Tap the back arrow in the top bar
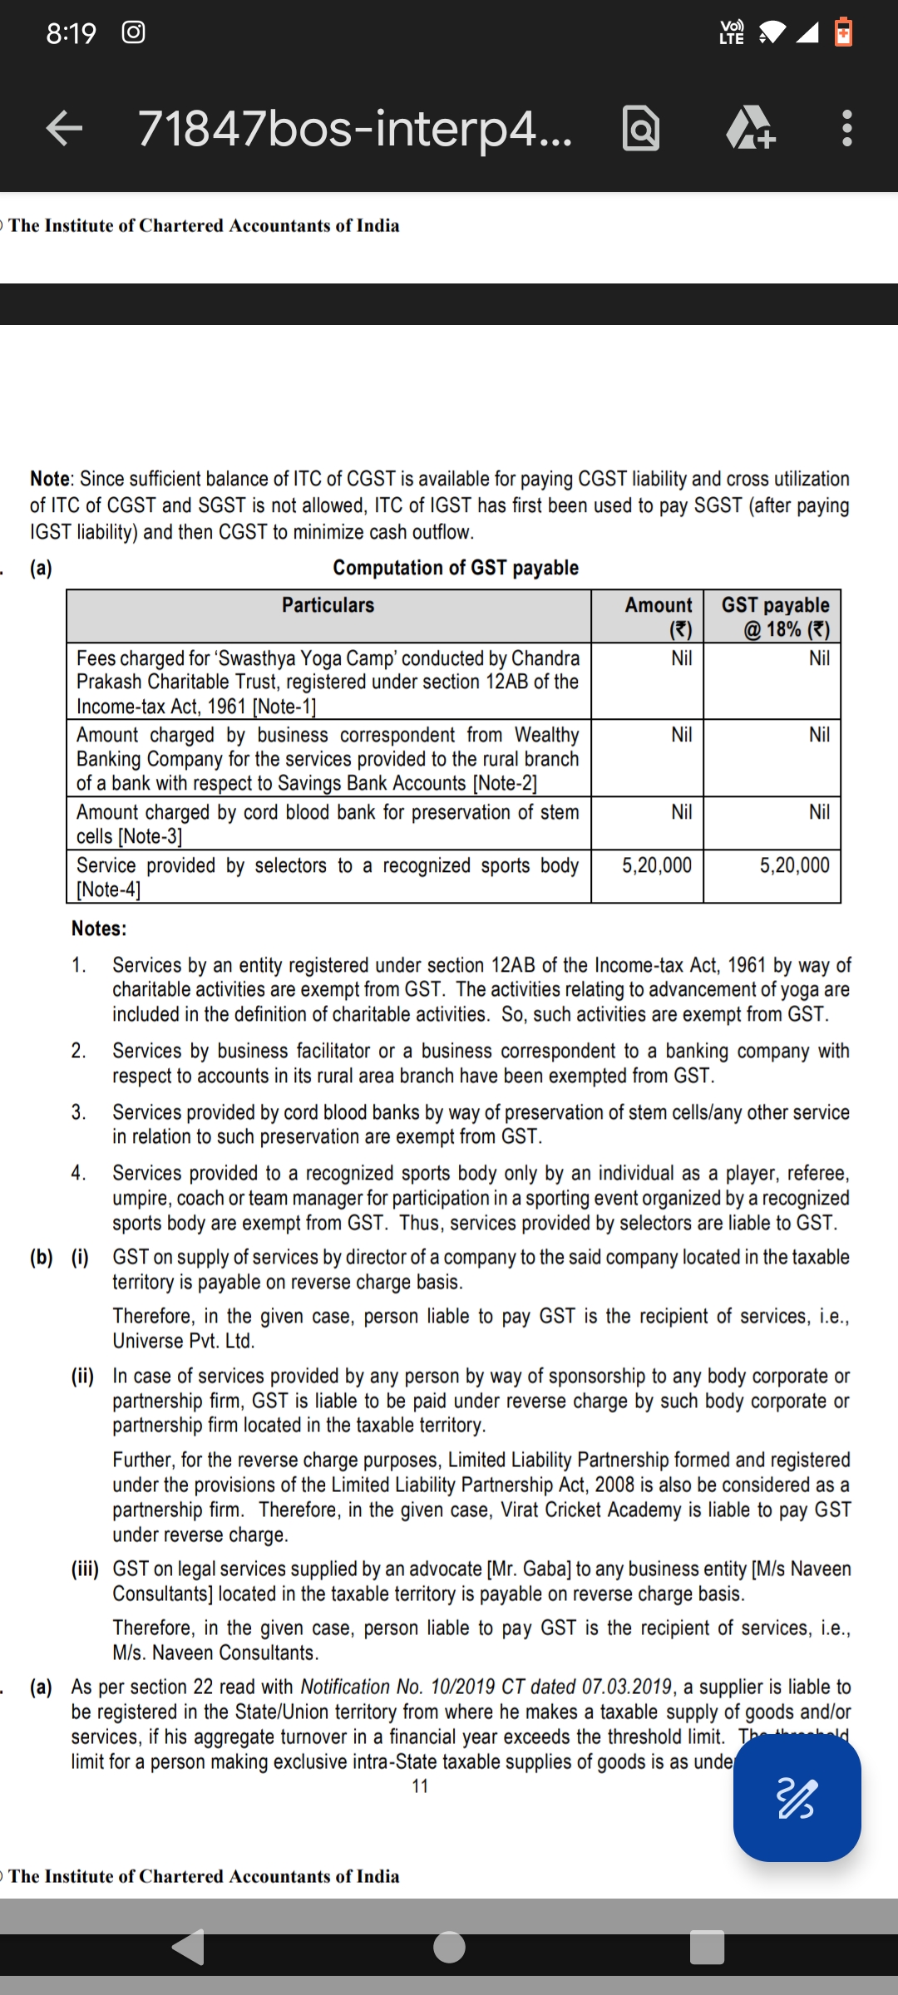coord(64,128)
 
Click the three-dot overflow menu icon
coord(846,128)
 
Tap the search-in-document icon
coord(641,129)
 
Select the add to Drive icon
coord(750,130)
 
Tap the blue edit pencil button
coord(797,1798)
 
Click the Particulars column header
coord(328,605)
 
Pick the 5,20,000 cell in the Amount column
coord(657,865)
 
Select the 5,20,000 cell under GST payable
coord(794,865)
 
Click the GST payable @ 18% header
coord(775,617)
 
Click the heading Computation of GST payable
coord(456,568)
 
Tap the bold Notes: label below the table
coord(99,929)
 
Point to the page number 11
coord(420,1786)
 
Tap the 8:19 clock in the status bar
coord(72,33)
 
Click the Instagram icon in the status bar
coord(134,32)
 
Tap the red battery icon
coord(843,32)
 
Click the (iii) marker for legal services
coord(85,1569)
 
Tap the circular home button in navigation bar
coord(449,1946)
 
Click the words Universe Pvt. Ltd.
coord(184,1341)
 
